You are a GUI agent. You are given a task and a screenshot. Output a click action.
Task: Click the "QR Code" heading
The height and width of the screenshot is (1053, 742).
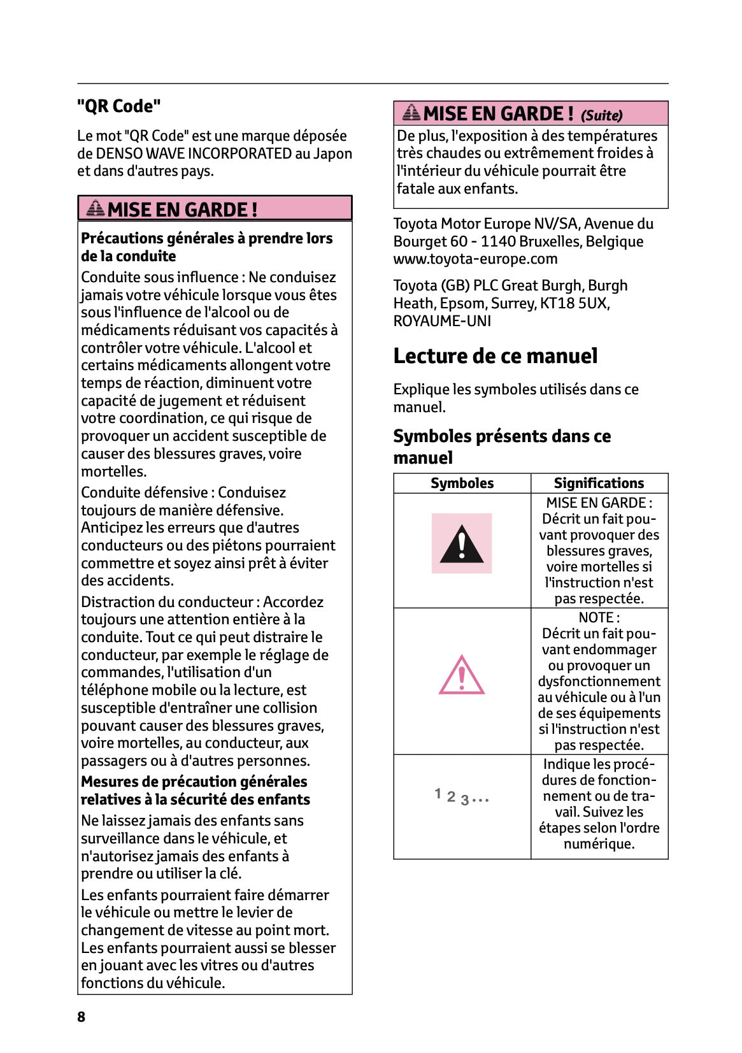[118, 106]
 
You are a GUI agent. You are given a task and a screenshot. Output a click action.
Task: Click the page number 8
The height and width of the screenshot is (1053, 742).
[82, 1017]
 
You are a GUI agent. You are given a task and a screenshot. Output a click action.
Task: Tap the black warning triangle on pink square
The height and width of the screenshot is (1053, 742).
[462, 544]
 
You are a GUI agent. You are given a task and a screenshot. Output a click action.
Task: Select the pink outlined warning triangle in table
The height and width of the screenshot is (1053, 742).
[462, 675]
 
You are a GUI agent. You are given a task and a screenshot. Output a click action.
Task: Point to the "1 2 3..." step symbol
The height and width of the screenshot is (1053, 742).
[462, 797]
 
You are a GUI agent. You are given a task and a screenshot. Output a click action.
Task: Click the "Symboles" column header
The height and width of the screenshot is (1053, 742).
[462, 484]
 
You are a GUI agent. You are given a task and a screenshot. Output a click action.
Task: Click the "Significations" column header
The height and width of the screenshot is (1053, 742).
[599, 484]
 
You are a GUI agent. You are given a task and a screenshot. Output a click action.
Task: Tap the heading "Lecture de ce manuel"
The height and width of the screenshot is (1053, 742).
[495, 356]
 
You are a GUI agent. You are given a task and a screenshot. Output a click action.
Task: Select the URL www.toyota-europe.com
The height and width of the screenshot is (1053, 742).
[475, 259]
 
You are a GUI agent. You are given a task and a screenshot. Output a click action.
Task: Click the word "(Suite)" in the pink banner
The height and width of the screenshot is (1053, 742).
[601, 115]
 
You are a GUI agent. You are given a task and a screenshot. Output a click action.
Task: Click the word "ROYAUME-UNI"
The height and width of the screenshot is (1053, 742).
[442, 321]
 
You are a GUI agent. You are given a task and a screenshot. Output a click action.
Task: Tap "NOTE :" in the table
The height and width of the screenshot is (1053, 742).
[599, 617]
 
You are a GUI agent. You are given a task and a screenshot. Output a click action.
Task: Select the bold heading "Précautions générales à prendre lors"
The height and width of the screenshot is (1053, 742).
[206, 238]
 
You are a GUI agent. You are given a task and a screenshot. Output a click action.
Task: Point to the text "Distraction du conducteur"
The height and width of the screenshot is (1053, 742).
[167, 602]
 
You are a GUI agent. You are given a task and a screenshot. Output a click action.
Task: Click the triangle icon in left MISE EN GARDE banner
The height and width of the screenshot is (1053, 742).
[96, 208]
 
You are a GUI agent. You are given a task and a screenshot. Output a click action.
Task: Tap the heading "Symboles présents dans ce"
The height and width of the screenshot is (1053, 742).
[501, 436]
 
